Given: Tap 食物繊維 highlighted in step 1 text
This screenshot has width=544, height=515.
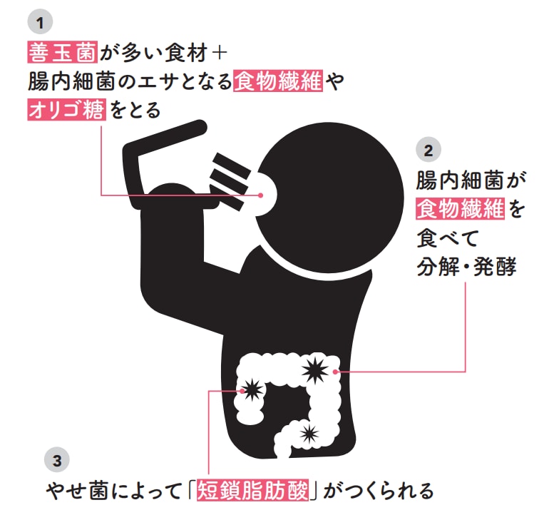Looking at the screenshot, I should (277, 81).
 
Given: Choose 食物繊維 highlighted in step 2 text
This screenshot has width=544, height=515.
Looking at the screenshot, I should (460, 209).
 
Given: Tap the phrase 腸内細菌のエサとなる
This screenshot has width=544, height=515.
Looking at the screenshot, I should (128, 81).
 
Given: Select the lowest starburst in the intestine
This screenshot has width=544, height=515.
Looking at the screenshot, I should (308, 432).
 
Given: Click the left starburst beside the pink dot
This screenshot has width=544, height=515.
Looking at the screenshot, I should (252, 389).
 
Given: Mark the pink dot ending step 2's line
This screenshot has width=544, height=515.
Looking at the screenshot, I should (335, 371).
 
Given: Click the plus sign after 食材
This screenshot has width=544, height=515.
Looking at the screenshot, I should (219, 52).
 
